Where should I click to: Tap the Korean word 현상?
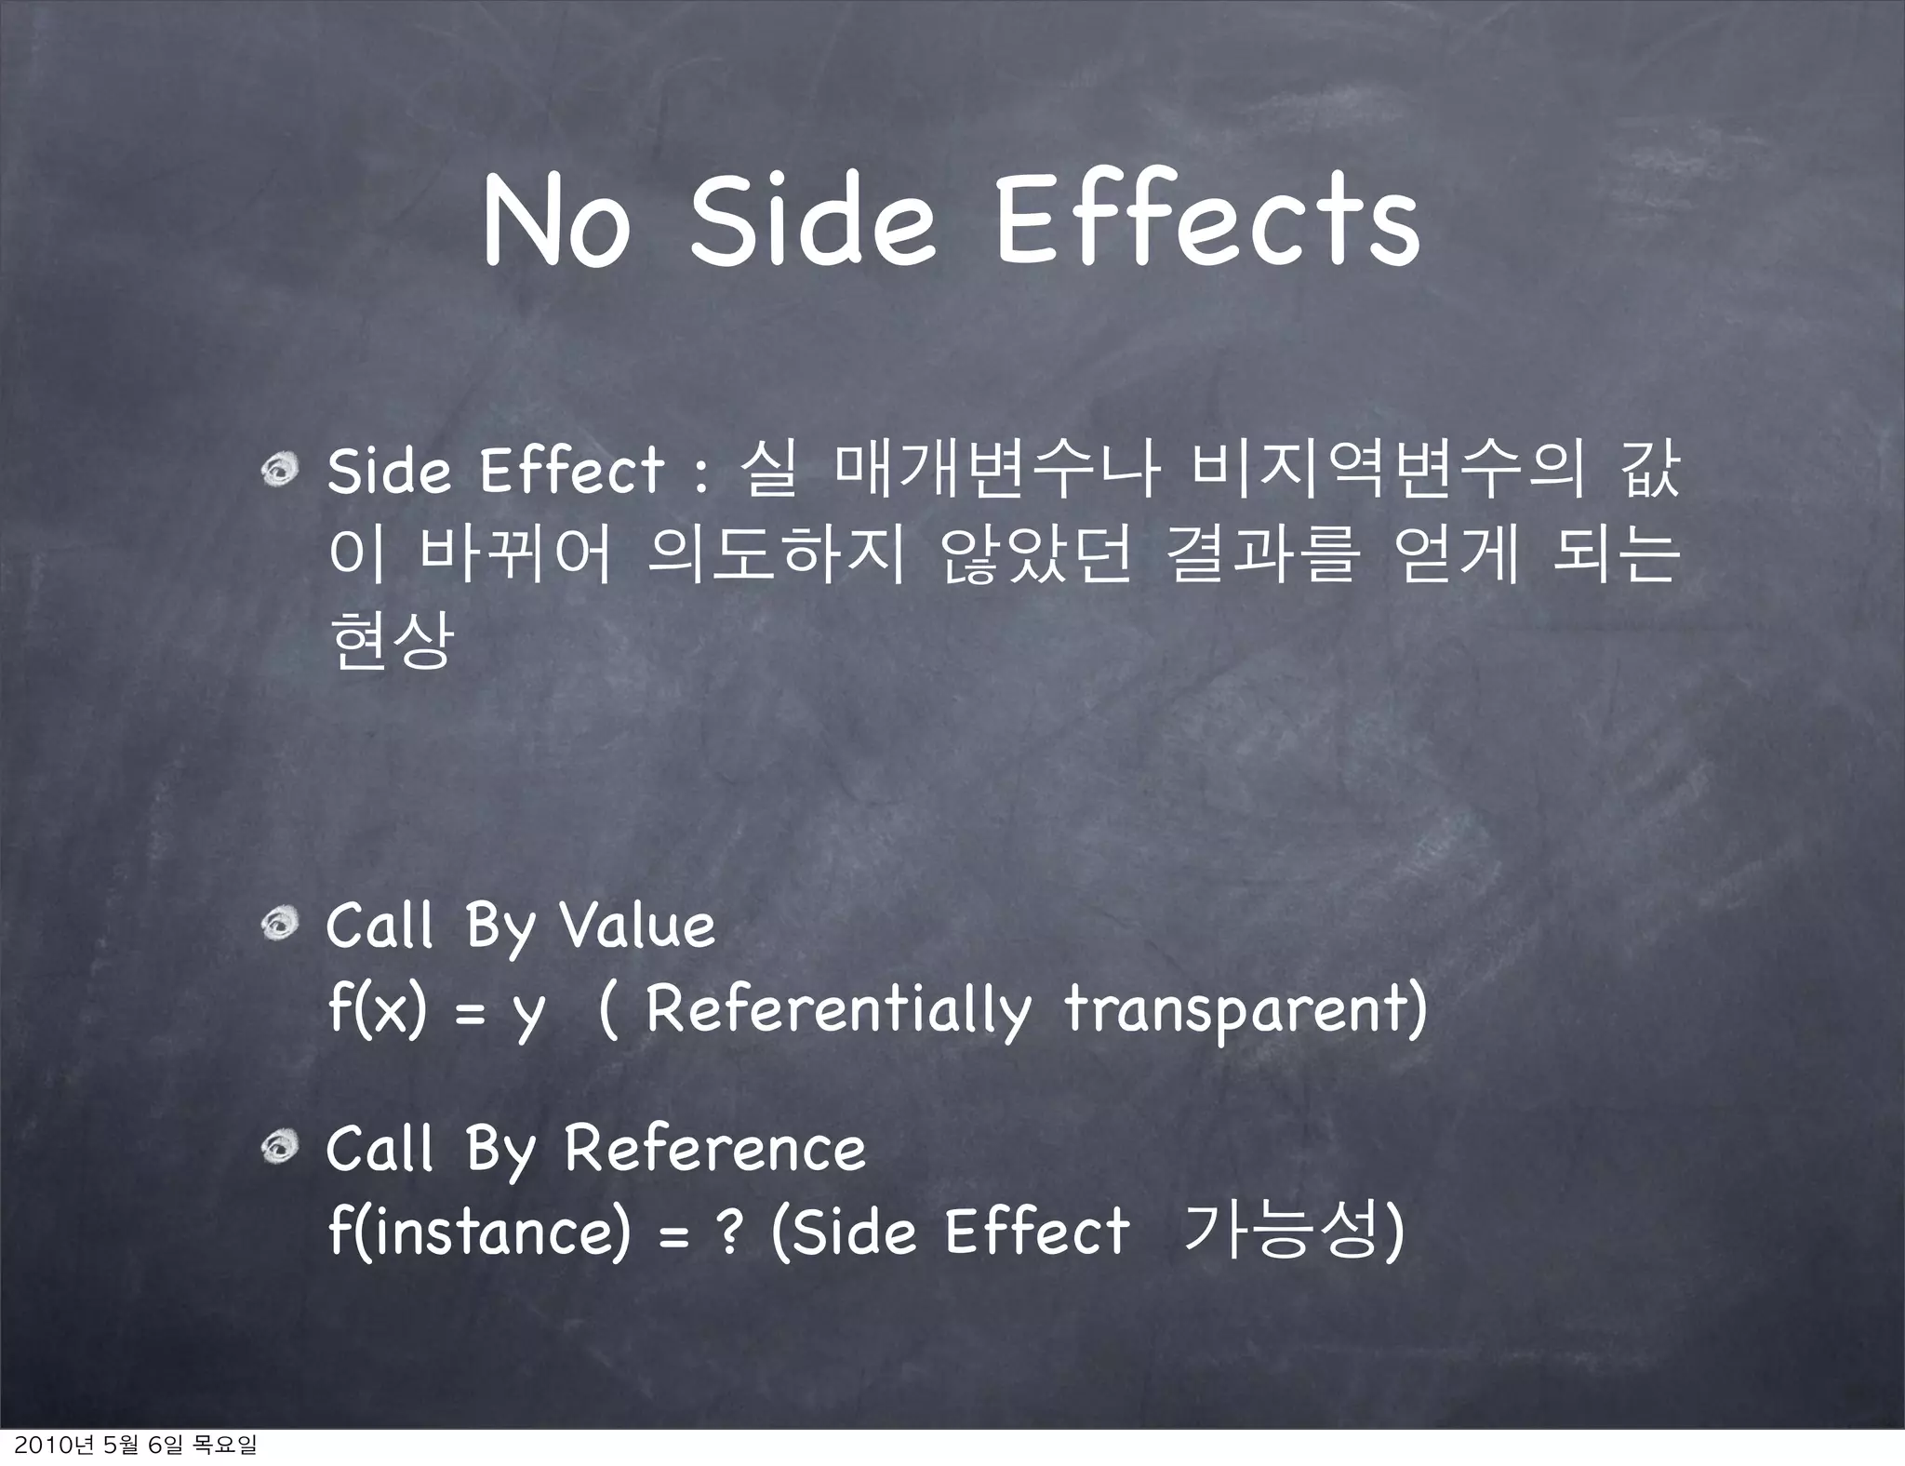(392, 640)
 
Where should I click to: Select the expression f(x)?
(377, 1009)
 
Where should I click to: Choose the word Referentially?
(838, 1009)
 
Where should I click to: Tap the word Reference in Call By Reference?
(714, 1149)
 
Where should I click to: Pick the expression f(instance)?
(479, 1233)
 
